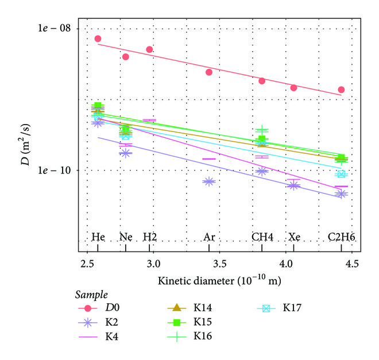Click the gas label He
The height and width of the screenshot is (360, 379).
pos(98,237)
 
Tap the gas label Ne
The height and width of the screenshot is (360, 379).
pos(125,237)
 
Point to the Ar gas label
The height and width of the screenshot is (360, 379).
pos(209,237)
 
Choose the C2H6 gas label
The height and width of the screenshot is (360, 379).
pos(340,237)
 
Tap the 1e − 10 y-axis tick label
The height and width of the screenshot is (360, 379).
pos(53,171)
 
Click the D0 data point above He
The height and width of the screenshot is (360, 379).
pos(98,39)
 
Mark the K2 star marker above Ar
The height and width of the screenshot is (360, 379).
pos(208,181)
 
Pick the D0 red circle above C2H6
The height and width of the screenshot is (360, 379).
pos(341,90)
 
